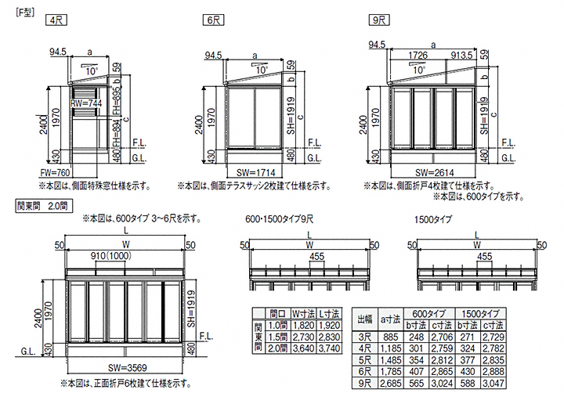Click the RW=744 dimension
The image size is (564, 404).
85,103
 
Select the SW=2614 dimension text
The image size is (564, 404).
434,171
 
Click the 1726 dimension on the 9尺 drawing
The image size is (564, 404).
423,55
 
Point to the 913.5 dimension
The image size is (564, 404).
463,55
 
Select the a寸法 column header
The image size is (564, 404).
391,318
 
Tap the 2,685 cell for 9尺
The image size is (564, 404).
391,384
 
